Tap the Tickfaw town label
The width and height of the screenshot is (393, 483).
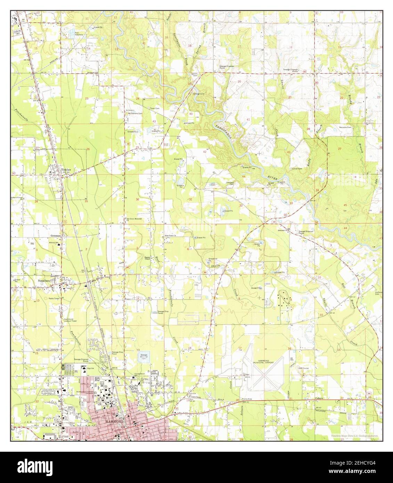(x=65, y=170)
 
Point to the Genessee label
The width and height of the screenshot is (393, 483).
(x=56, y=235)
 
